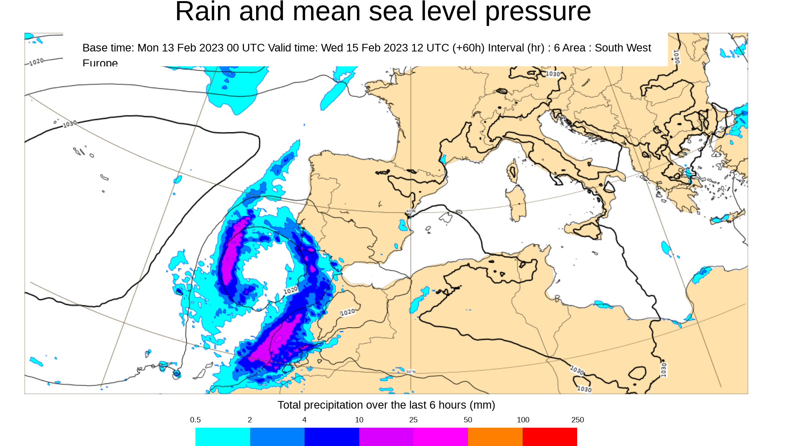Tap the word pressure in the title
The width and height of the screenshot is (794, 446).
pyautogui.click(x=538, y=12)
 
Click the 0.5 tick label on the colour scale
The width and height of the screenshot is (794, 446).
pyautogui.click(x=195, y=420)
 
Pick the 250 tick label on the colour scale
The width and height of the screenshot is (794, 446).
pyautogui.click(x=578, y=420)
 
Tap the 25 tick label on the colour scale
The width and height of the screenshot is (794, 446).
pyautogui.click(x=413, y=420)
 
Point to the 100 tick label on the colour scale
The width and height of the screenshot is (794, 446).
pyautogui.click(x=523, y=420)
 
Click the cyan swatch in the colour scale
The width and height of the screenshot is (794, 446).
pyautogui.click(x=223, y=437)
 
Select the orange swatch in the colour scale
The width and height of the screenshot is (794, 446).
pyautogui.click(x=495, y=437)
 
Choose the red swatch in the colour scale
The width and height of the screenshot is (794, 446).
pyautogui.click(x=550, y=437)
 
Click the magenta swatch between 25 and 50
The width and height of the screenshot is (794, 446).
pyautogui.click(x=441, y=437)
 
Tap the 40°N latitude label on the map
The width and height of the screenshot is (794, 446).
pyautogui.click(x=410, y=211)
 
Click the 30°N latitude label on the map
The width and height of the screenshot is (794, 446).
pyautogui.click(x=411, y=372)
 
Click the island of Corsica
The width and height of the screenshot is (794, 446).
pyautogui.click(x=513, y=172)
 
